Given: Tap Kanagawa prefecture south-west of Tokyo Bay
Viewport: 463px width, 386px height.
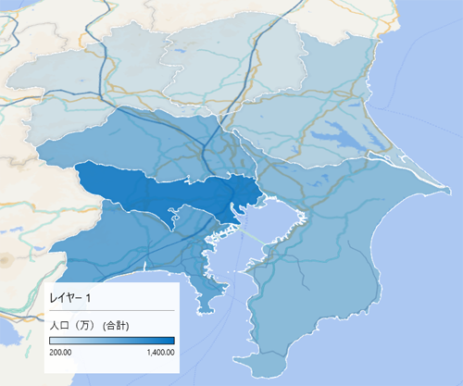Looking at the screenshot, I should (x=139, y=241).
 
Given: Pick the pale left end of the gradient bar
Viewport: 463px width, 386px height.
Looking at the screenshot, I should (x=52, y=340).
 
